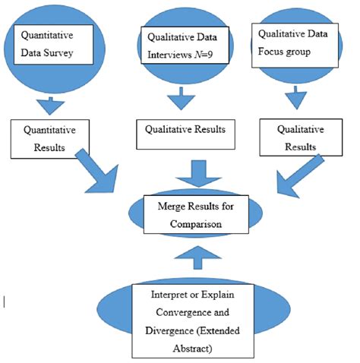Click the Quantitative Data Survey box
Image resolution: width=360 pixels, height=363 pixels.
point(53,45)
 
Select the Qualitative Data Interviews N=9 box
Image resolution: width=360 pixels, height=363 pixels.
point(185,46)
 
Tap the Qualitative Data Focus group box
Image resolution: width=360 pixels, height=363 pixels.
point(295,46)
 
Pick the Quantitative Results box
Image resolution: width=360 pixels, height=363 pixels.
point(50,139)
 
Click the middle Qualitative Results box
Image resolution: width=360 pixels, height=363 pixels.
point(185,134)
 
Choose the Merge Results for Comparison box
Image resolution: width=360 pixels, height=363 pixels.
point(196,214)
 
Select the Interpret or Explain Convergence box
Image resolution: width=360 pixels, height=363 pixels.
point(193,320)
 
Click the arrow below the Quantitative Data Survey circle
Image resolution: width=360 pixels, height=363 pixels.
point(50,106)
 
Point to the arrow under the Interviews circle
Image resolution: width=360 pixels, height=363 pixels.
point(181,99)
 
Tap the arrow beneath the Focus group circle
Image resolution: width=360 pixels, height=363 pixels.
point(295,98)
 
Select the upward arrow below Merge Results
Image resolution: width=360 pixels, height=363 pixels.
point(198,257)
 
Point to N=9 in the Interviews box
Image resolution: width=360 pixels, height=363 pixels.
point(204,55)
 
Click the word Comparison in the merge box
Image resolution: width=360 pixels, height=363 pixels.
point(196,224)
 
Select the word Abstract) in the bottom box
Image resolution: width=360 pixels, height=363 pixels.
point(192,349)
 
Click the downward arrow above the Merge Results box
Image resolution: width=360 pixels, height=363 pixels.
point(198,173)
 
